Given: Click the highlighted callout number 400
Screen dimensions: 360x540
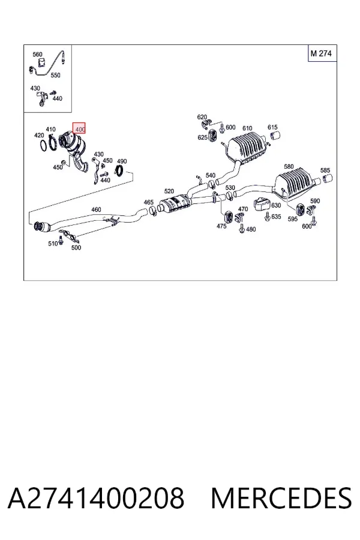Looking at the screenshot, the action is [x=79, y=128].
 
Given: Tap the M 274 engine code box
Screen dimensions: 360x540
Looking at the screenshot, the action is [x=322, y=53].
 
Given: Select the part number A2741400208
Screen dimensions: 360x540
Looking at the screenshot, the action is [x=96, y=498].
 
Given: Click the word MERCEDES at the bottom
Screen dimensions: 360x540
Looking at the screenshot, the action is [x=281, y=498].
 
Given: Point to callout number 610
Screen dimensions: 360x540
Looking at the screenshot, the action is [x=247, y=128].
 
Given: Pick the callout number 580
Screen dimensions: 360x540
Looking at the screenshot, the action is [x=289, y=167].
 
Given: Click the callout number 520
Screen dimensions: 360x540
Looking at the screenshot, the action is [x=169, y=191].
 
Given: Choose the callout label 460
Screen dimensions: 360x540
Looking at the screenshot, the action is [x=96, y=209].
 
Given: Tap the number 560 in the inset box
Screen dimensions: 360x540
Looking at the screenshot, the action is [x=37, y=55].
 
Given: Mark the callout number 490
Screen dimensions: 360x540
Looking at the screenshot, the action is [x=122, y=161].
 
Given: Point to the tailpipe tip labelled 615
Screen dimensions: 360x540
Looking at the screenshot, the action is [x=275, y=136].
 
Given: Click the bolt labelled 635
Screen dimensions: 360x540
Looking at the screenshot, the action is [x=267, y=217].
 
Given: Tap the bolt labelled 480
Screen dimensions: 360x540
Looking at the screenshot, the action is [x=242, y=228].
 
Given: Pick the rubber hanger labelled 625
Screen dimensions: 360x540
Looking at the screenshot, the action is [x=212, y=135].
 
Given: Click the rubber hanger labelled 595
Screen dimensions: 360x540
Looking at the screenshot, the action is [x=300, y=209].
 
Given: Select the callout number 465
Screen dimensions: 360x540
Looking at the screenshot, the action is [x=148, y=202].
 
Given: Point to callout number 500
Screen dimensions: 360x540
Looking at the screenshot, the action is [x=76, y=247].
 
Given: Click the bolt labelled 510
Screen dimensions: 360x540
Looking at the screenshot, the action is [x=61, y=239].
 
